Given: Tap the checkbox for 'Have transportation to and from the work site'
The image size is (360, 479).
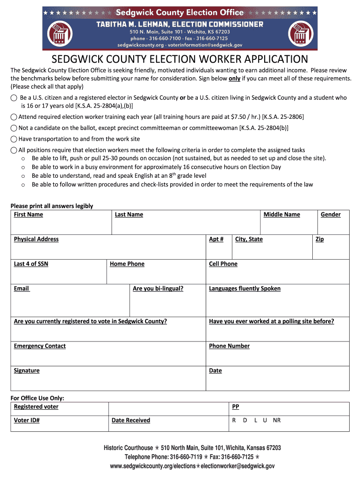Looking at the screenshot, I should [14, 139].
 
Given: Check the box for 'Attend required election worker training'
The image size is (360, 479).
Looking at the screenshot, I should [14, 116].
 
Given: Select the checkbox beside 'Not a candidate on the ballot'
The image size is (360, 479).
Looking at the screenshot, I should [14, 128].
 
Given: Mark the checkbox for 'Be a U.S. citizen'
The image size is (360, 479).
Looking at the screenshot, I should [14, 98].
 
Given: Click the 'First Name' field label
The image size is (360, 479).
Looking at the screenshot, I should [28, 215].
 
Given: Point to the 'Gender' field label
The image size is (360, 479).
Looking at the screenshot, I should [330, 215].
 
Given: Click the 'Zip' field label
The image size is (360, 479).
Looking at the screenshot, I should [320, 239].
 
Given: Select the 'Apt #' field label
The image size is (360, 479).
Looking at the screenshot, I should [216, 239].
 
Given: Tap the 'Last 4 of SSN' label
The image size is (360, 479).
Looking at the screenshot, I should [31, 264].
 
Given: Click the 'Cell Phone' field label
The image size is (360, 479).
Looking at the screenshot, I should [223, 264].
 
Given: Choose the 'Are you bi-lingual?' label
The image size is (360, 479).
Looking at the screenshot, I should [158, 289].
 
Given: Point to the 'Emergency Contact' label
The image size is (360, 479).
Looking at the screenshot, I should [40, 346].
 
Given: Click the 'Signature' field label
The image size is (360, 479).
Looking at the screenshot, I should [27, 371].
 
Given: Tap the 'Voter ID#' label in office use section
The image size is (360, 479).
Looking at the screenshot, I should [27, 421].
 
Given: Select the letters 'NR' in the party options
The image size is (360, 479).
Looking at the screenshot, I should [277, 421].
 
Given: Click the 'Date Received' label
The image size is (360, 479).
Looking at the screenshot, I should [131, 421].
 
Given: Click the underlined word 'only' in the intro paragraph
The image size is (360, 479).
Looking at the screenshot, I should [234, 79].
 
